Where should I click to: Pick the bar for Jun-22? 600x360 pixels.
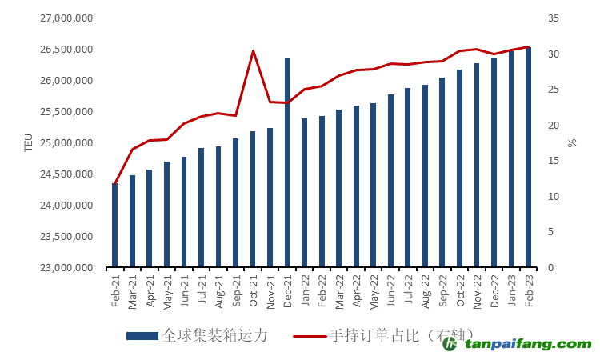(x=390, y=181)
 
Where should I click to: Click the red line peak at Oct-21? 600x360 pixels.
(x=253, y=51)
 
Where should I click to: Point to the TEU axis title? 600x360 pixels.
(x=29, y=143)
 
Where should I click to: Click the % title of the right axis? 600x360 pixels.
(x=572, y=143)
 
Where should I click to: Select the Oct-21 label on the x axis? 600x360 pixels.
(x=253, y=290)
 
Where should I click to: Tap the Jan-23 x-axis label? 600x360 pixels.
(x=511, y=290)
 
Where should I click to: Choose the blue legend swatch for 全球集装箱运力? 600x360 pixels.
(x=142, y=336)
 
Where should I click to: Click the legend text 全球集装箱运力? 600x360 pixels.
(x=214, y=336)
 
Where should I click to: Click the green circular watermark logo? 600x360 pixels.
(x=450, y=344)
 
